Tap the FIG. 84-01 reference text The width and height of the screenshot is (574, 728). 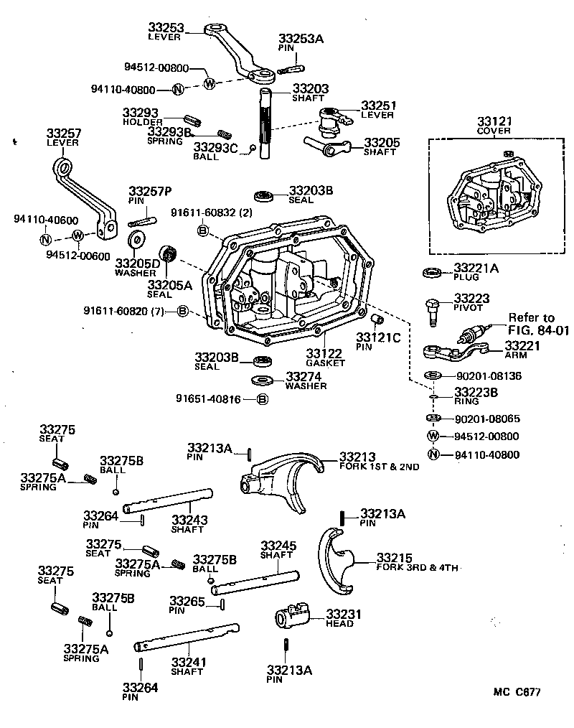click(527, 330)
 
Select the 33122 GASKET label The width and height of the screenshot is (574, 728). click(325, 358)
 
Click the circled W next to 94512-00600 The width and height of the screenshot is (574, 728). click(78, 235)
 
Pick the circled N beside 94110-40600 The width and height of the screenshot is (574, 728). click(45, 240)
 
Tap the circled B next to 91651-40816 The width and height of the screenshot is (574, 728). click(262, 399)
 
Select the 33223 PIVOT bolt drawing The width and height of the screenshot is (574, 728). click(433, 309)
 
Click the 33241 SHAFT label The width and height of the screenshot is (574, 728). click(187, 666)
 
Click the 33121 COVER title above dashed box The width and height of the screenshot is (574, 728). click(493, 126)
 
